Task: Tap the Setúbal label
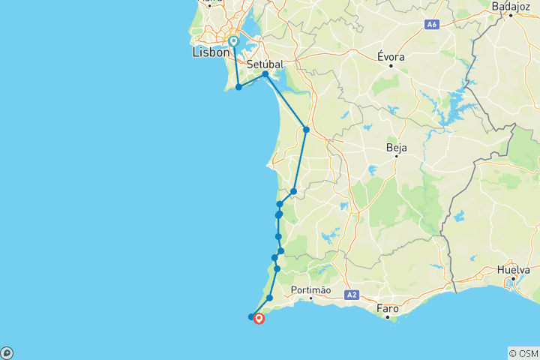point(264,64)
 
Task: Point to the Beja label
point(396,148)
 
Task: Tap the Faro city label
point(388,307)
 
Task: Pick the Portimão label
point(310,290)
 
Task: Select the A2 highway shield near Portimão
point(352,295)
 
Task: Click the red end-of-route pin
point(259,318)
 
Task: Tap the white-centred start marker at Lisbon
point(234,41)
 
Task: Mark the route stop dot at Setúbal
point(265,74)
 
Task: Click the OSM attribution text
point(523,352)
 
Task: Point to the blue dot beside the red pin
point(251,316)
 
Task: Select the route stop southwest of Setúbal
point(238,87)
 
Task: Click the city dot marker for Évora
point(391,65)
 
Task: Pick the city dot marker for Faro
point(388,317)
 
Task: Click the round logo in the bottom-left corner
point(7,352)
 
